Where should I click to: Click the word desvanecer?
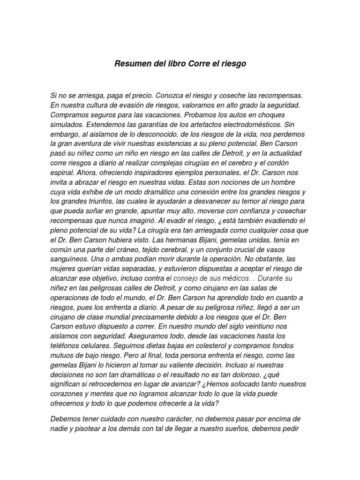coord(197,201)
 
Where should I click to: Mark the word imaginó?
coord(139,220)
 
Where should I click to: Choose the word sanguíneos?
coord(69,259)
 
